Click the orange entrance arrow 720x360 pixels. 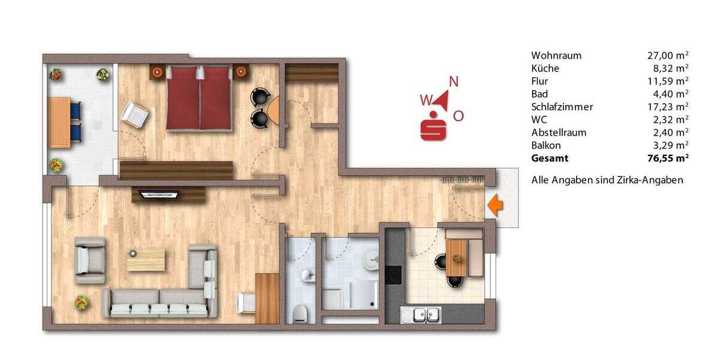pyautogui.click(x=494, y=205)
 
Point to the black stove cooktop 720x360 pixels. pyautogui.click(x=393, y=274)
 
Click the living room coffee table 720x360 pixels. pyautogui.click(x=145, y=260)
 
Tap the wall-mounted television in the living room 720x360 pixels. pyautogui.click(x=159, y=194)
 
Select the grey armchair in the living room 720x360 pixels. pyautogui.click(x=89, y=259)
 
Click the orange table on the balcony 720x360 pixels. pyautogui.click(x=58, y=122)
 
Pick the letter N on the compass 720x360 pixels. pyautogui.click(x=454, y=82)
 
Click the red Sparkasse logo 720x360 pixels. pyautogui.click(x=436, y=126)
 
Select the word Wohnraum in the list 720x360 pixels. pyautogui.click(x=556, y=55)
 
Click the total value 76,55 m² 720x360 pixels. pyautogui.click(x=667, y=158)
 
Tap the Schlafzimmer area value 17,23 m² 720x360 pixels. pyautogui.click(x=667, y=107)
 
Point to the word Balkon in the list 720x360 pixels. pyautogui.click(x=546, y=145)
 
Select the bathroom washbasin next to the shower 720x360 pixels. pyautogui.click(x=371, y=259)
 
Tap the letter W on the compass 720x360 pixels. pyautogui.click(x=425, y=99)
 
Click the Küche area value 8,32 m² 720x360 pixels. pyautogui.click(x=670, y=68)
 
